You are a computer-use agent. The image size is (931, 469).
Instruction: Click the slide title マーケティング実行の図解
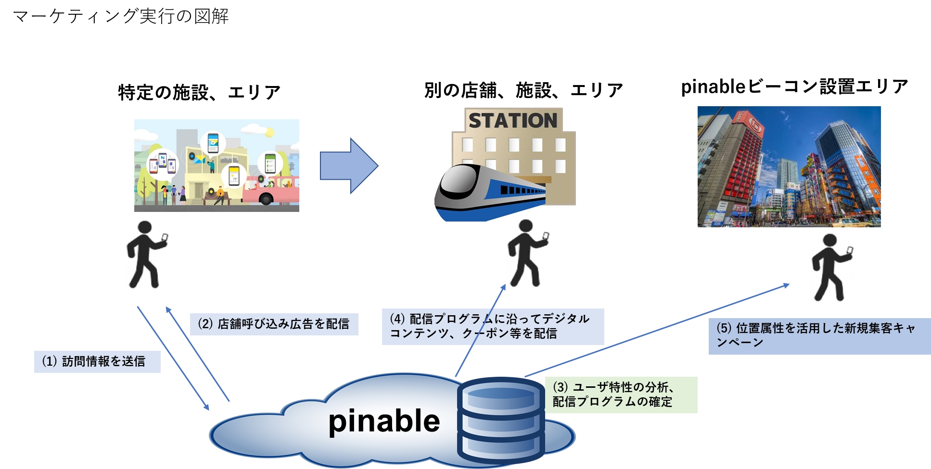[120, 16]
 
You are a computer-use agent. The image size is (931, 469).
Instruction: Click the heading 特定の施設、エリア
[199, 92]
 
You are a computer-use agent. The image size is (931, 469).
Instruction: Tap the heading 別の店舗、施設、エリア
[523, 90]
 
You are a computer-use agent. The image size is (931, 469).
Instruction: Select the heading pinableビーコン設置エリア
[794, 86]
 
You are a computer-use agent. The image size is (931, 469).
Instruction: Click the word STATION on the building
[513, 121]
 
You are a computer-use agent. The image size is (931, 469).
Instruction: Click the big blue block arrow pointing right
[349, 166]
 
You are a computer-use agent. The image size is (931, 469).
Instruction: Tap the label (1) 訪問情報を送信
[97, 361]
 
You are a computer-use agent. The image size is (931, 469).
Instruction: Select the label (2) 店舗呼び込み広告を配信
[274, 324]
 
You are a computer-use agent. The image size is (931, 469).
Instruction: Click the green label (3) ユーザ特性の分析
[621, 395]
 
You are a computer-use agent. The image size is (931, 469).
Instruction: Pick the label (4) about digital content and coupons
[492, 326]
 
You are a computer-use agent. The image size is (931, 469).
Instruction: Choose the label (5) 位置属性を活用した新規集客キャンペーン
[819, 335]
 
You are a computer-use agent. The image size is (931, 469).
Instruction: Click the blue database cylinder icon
[500, 420]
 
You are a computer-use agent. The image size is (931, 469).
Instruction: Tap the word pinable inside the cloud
[384, 421]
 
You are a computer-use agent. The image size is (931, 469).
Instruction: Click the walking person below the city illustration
[146, 255]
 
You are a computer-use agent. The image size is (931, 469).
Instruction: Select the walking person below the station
[527, 253]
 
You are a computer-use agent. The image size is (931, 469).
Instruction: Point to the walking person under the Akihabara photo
[831, 268]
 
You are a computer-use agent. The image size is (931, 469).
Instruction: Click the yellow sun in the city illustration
[269, 132]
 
